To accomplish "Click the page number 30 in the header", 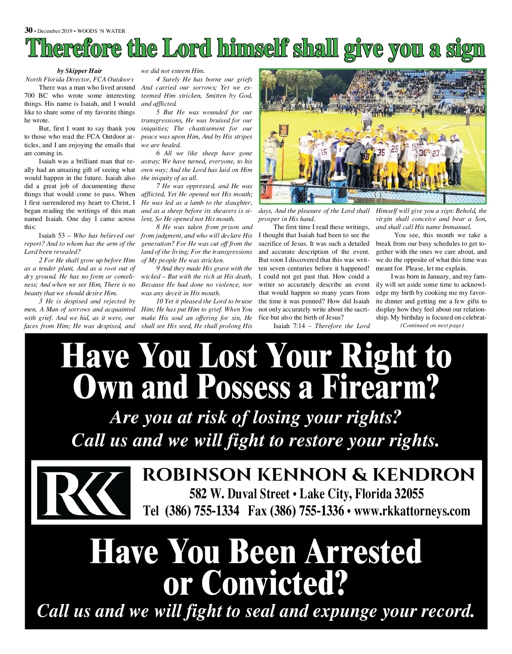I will point(29,30).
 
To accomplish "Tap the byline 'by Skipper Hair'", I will point(79,71).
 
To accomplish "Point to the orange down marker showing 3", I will point(283,130).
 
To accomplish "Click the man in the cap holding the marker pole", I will point(272,149).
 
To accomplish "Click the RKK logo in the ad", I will point(84,492).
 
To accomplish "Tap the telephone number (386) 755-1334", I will point(202,511).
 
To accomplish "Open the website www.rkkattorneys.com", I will point(412,511).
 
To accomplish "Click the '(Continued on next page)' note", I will point(431,326).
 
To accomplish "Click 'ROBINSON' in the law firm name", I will point(197,475).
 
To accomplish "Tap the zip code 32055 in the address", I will point(409,494).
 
